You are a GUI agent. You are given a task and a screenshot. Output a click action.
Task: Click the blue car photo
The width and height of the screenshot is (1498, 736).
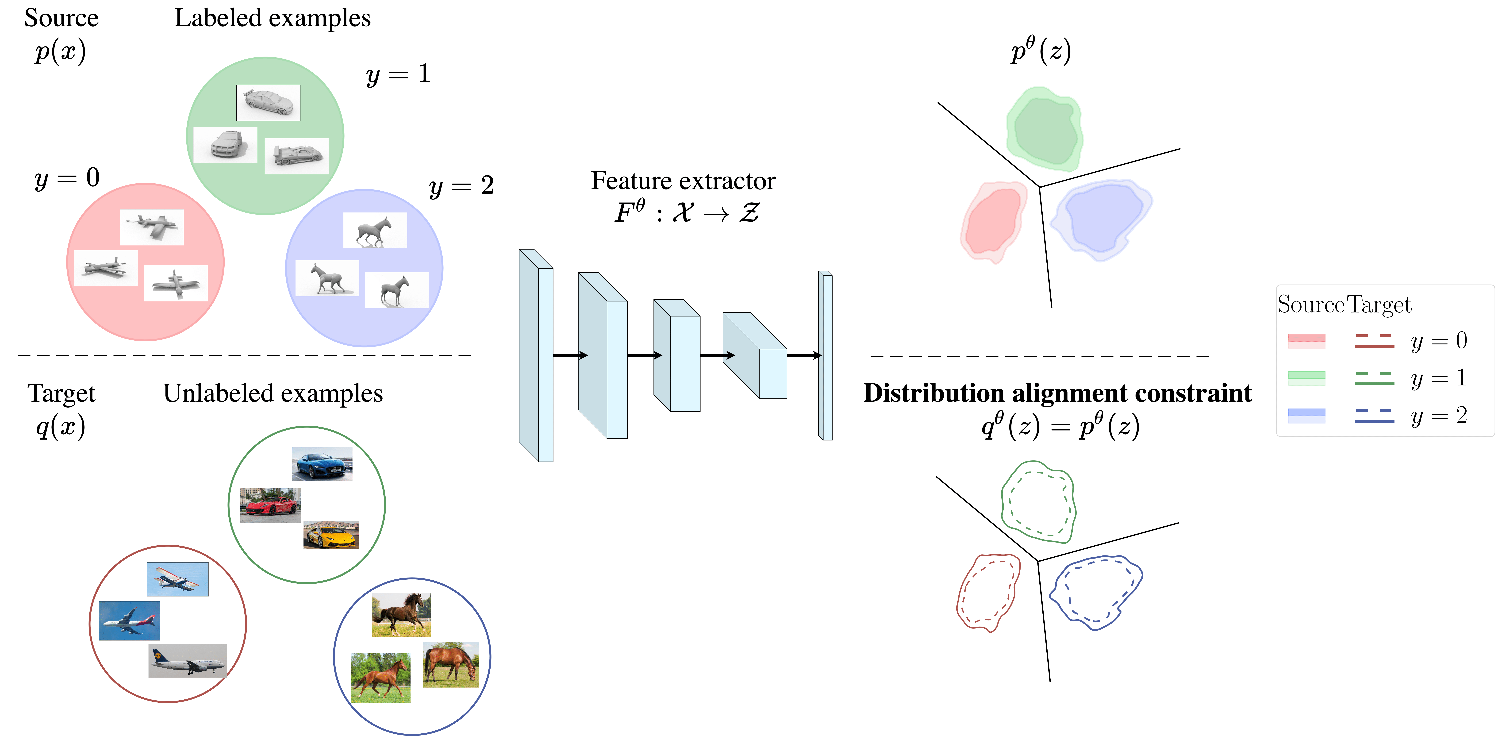tap(322, 464)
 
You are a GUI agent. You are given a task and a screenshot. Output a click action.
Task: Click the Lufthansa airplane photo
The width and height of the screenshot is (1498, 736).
tap(187, 660)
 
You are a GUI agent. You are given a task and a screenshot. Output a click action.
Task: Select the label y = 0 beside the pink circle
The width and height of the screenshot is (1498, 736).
tap(67, 177)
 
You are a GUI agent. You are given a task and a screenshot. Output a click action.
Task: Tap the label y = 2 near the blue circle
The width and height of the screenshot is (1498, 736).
tap(461, 186)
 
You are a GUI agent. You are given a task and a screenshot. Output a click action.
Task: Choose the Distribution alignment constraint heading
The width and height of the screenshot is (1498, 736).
tap(1057, 393)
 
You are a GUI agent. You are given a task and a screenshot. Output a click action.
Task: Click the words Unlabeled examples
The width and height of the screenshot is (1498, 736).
tap(273, 394)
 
